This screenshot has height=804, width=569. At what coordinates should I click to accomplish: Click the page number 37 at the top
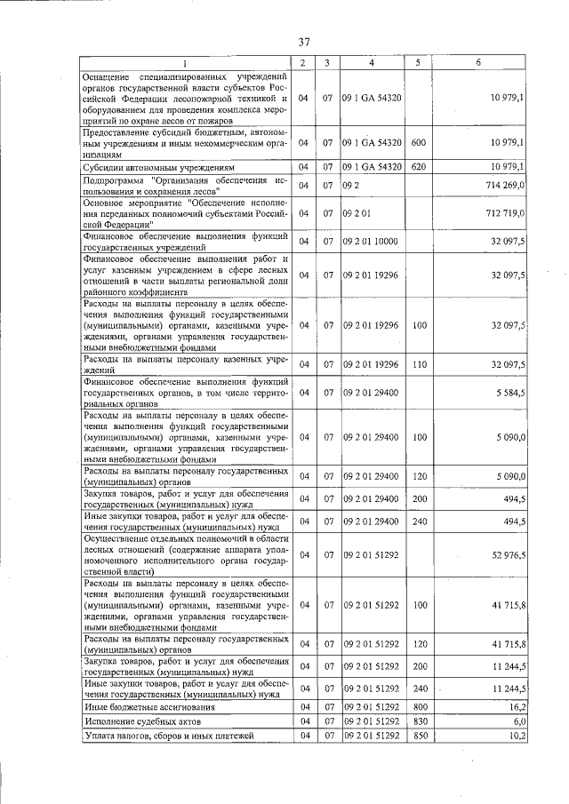click(303, 42)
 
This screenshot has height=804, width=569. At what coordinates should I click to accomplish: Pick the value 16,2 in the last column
click(516, 706)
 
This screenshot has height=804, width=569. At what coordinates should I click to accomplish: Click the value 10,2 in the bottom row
click(516, 736)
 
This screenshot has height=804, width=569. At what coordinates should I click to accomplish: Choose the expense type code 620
click(420, 166)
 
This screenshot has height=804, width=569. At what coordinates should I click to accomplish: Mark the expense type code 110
click(420, 364)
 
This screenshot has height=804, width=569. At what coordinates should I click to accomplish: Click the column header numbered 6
click(478, 62)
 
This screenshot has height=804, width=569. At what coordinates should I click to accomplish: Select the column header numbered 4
click(372, 62)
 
